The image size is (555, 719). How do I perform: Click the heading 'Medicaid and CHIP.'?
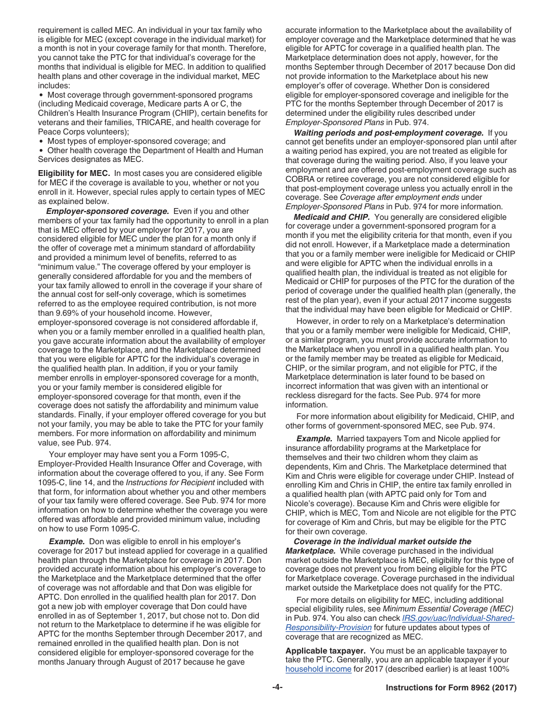pyautogui.click(x=331, y=217)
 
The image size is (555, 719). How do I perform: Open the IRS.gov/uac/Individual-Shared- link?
pyautogui.click(x=458, y=618)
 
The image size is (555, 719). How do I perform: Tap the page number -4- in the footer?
pyautogui.click(x=277, y=688)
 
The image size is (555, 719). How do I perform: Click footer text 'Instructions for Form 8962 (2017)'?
pyautogui.click(x=451, y=688)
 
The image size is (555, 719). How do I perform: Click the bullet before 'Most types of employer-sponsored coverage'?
pyautogui.click(x=41, y=141)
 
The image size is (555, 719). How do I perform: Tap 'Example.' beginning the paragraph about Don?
pyautogui.click(x=67, y=542)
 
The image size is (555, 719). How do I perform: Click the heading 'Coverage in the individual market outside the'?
pyautogui.click(x=382, y=542)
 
